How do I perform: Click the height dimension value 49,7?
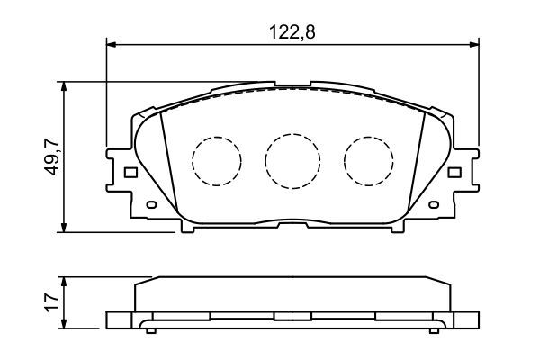coord(51,157)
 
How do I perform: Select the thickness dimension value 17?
coord(51,301)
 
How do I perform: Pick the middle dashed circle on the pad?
coord(292,160)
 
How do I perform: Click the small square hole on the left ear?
coord(130,173)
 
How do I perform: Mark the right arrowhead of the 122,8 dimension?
coord(475,41)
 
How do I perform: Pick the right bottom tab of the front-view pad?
coord(396,227)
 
